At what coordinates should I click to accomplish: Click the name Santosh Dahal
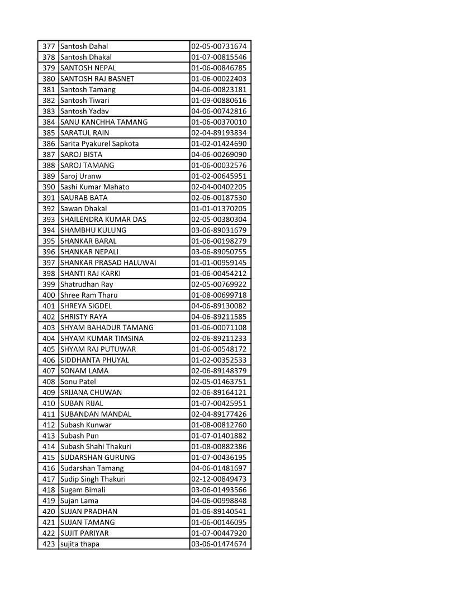pos(84,46)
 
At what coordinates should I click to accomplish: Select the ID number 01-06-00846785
pos(218,68)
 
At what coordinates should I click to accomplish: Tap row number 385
pos(49,133)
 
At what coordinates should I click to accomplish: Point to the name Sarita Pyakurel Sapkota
pos(99,144)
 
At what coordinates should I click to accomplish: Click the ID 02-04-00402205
pos(218,187)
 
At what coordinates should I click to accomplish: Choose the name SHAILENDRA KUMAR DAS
pos(103,220)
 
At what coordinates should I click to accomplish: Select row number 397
pos(49,263)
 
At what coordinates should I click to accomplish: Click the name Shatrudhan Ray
pos(87,284)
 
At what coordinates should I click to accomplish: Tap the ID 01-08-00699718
pos(218,295)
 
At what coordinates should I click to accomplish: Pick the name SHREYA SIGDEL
pos(86,306)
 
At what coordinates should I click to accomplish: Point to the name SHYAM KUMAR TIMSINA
pos(102,339)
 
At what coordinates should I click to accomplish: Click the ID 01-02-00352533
pos(218,360)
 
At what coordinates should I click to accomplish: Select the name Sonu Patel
pos(78,382)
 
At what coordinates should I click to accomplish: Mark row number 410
pos(49,403)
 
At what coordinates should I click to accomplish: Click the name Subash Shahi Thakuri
pos(96,446)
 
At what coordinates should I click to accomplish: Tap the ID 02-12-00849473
pos(218,479)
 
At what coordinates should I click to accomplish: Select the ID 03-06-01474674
pos(218,544)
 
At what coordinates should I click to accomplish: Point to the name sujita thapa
pos(80,544)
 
